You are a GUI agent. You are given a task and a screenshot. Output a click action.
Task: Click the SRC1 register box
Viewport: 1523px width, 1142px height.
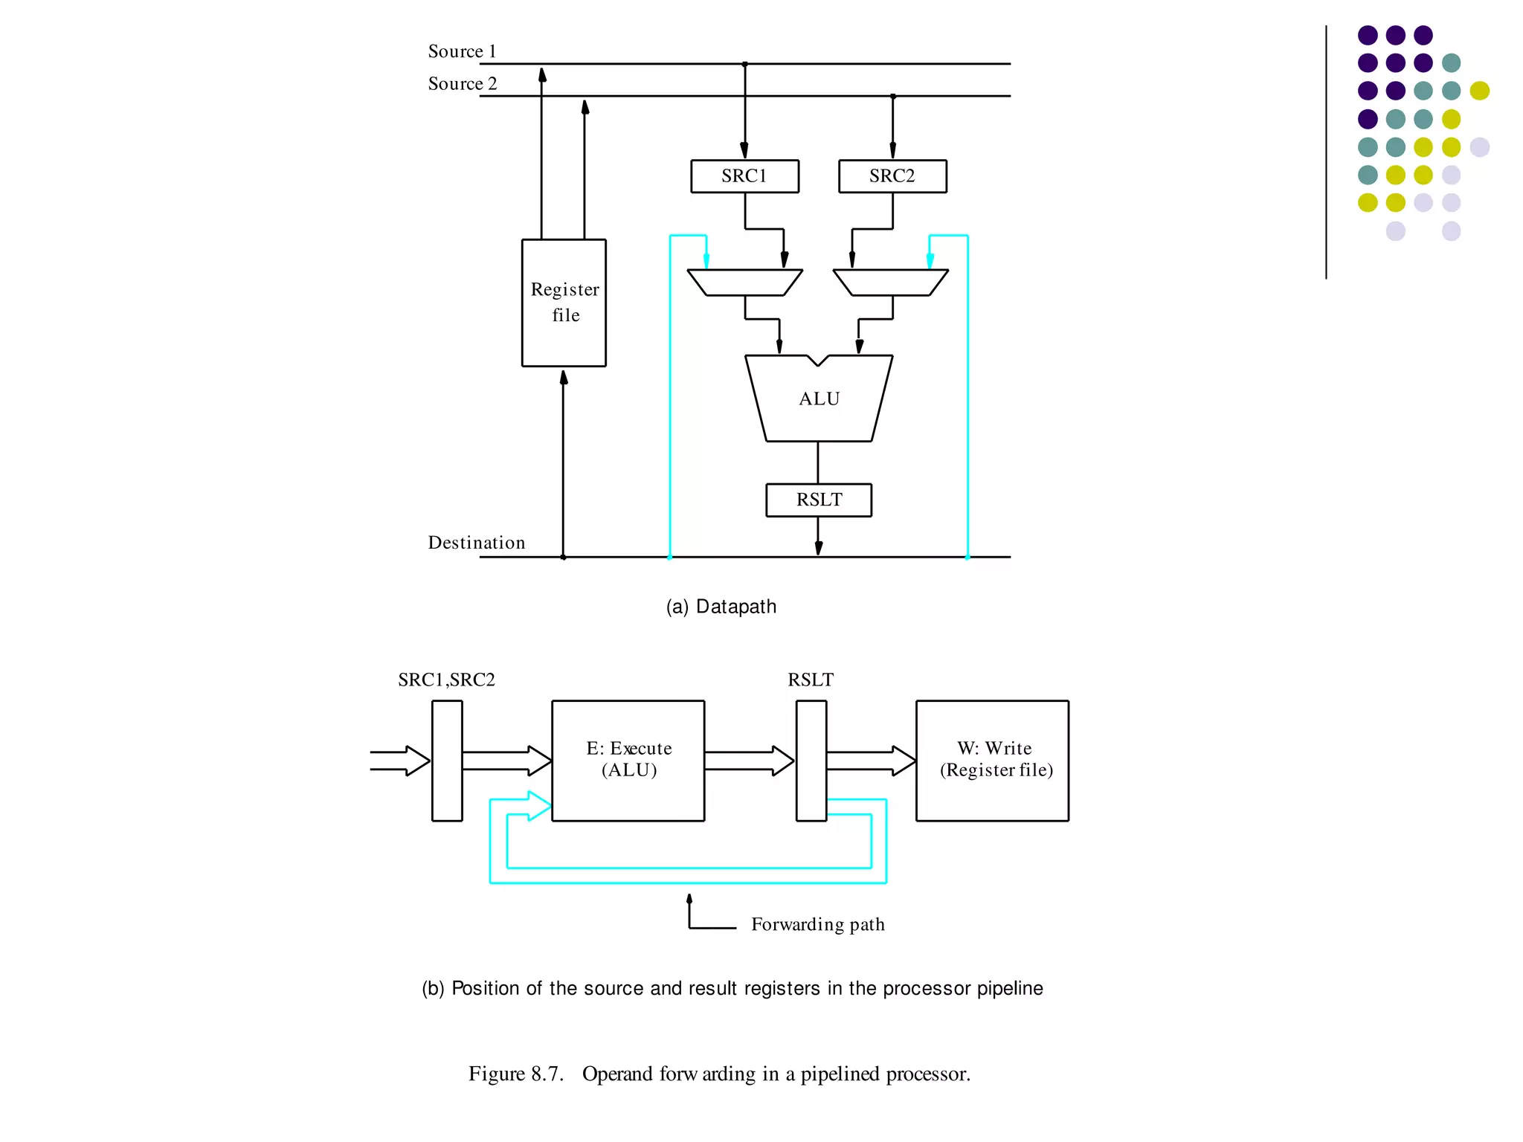(x=744, y=176)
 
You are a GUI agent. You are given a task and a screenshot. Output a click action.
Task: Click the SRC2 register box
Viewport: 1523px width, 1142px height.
(x=892, y=176)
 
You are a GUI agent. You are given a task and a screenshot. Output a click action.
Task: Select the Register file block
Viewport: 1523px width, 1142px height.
(x=564, y=303)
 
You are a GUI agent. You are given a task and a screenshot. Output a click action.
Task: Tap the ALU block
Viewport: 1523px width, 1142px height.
(x=819, y=399)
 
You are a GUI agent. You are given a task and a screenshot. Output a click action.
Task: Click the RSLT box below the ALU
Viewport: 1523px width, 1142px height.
(x=819, y=500)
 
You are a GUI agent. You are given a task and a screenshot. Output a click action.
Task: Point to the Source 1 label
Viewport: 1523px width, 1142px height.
(x=462, y=51)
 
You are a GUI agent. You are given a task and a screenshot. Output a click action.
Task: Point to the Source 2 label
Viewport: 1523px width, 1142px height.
(x=462, y=84)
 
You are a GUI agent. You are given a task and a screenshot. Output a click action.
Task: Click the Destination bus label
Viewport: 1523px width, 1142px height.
(x=476, y=543)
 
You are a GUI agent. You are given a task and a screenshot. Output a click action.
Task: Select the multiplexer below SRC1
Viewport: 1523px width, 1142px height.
(x=744, y=283)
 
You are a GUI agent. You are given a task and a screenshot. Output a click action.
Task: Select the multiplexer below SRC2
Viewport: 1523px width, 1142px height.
(x=891, y=283)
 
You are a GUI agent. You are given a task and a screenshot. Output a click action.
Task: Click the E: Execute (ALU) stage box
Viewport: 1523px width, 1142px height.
(x=628, y=760)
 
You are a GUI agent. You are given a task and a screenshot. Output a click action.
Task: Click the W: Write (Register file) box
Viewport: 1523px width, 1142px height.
(x=992, y=760)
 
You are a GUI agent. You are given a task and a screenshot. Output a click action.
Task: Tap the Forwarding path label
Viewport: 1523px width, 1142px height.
(x=817, y=924)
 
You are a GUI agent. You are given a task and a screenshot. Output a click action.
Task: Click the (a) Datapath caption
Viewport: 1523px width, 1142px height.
(x=721, y=607)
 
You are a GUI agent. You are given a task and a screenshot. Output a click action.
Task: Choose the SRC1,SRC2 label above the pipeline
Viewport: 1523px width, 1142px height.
(x=446, y=680)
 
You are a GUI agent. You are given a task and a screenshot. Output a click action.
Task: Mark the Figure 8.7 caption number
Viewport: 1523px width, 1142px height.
(x=516, y=1074)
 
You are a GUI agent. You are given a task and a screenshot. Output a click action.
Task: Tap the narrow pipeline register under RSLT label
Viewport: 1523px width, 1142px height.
(x=811, y=760)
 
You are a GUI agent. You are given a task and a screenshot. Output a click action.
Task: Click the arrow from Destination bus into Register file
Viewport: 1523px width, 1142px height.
(x=563, y=461)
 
